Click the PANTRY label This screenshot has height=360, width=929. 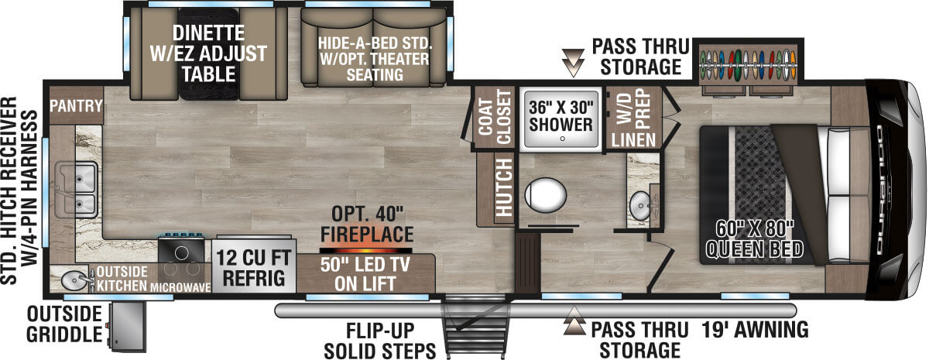(x=76, y=106)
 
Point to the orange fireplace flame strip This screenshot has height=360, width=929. (x=366, y=251)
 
